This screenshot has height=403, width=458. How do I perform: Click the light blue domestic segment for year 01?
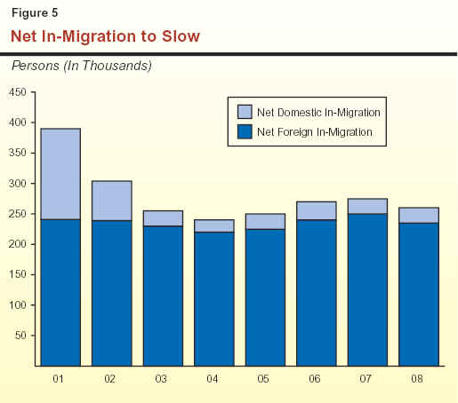point(60,174)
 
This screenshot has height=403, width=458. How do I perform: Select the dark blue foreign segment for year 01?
point(60,293)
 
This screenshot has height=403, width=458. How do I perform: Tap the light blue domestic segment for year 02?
point(112,201)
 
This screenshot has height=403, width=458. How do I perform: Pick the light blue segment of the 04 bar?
point(214,225)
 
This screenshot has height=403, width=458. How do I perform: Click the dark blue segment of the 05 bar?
point(265,297)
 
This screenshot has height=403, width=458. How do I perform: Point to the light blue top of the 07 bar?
point(367,206)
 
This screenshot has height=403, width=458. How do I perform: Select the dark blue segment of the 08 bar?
point(419,295)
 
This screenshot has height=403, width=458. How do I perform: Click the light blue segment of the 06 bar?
point(317,210)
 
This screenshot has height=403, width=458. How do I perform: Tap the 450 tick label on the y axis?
point(17,92)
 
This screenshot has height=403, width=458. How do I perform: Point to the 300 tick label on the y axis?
point(17,184)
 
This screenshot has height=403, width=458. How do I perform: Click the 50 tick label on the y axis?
point(20,336)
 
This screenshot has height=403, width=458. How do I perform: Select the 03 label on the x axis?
point(161,379)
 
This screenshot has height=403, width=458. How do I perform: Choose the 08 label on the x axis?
point(417,379)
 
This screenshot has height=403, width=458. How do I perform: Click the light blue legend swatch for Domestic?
point(245,112)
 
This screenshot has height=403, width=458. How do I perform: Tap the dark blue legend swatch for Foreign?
point(245,131)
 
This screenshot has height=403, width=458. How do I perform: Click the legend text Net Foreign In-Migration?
point(315,132)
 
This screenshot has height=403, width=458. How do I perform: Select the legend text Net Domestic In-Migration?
point(318,113)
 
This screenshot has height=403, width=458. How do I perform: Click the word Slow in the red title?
point(181,36)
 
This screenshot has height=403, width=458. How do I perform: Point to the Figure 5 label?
point(35,12)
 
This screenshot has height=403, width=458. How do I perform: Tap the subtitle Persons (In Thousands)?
point(82,66)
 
